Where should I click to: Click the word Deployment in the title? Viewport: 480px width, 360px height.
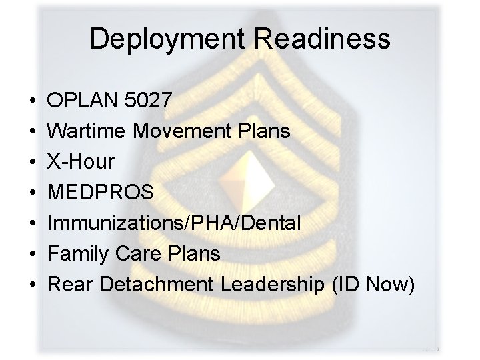(171, 39)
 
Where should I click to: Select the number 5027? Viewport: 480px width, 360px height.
(148, 101)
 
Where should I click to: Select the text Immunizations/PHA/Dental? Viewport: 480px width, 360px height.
(174, 223)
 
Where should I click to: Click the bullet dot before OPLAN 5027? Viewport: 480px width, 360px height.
(33, 101)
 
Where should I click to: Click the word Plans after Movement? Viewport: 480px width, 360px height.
(265, 131)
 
